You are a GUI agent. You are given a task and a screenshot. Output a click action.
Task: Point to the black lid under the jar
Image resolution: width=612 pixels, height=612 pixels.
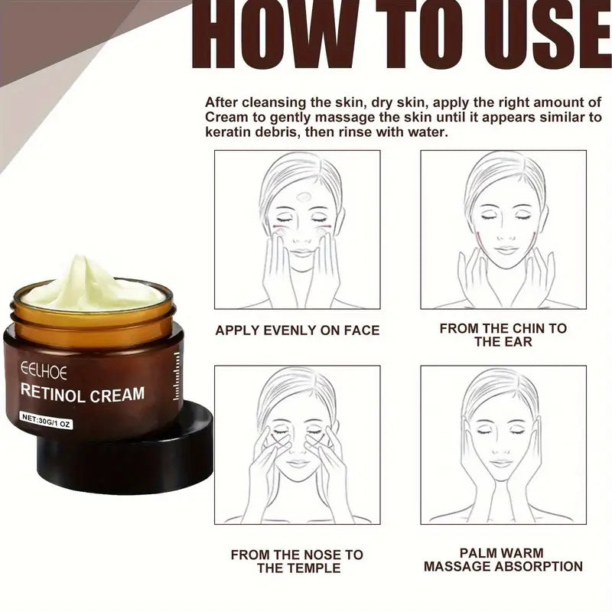(x=153, y=459)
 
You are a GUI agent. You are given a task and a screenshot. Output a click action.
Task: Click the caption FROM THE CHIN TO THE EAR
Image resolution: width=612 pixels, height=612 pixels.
(x=503, y=335)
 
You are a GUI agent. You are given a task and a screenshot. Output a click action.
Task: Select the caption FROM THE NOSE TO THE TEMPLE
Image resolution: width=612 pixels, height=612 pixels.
(x=297, y=561)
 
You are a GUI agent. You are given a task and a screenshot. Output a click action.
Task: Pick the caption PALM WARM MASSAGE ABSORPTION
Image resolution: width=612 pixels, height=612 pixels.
(x=503, y=559)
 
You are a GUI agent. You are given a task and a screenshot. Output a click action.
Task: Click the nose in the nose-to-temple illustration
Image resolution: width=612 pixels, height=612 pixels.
(x=298, y=446)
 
